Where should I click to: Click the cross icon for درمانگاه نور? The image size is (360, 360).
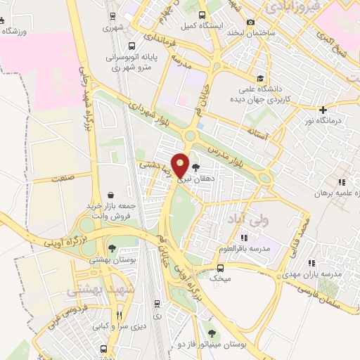click(323, 110)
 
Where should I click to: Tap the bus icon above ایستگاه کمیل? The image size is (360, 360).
click(202, 15)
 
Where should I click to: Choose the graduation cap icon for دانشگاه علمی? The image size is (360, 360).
click(261, 79)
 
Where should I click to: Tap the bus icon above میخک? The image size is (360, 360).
click(221, 267)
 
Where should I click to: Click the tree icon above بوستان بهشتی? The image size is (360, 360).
click(112, 248)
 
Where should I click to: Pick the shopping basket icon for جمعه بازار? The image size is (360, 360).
click(111, 195)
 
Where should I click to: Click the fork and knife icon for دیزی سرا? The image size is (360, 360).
click(119, 314)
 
